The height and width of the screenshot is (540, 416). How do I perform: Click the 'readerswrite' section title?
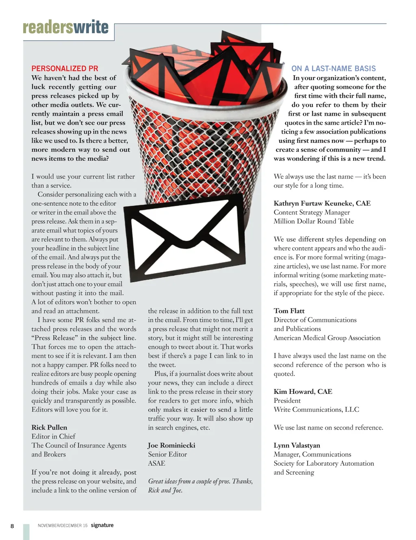point(66,27)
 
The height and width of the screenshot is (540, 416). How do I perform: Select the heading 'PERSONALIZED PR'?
point(65,69)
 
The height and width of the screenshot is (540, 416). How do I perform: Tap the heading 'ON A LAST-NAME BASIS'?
point(334,69)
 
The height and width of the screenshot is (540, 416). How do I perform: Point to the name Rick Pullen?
point(49,428)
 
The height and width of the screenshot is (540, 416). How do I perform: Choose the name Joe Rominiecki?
point(171,445)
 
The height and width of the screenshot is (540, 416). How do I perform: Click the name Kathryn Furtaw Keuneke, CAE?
point(322,203)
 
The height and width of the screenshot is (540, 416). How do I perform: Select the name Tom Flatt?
point(289,311)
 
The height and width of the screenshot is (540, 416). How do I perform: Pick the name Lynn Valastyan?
point(297,445)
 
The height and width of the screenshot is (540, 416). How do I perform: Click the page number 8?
point(12,526)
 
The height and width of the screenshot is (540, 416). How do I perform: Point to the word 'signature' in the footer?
point(102,525)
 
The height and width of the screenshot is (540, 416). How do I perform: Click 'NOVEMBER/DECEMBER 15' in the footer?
point(63,526)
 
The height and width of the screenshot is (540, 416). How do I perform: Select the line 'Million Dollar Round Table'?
point(314,221)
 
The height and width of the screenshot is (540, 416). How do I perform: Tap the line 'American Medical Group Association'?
point(327,338)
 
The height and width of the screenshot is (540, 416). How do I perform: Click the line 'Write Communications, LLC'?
point(316,410)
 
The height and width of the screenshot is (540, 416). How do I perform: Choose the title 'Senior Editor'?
point(167,454)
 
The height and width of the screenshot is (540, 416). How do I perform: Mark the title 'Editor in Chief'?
point(53,436)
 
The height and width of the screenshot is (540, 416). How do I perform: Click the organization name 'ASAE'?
point(156,463)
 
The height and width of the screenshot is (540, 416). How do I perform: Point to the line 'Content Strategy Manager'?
point(312,212)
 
